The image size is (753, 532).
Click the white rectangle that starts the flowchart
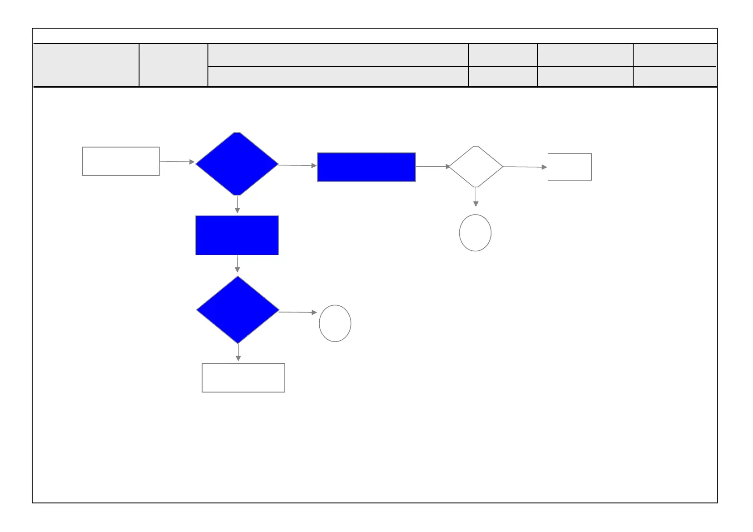coord(121,161)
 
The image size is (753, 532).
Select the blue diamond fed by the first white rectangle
coord(237,164)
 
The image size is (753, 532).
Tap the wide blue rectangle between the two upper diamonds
coord(366,167)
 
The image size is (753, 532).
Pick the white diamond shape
coord(476,167)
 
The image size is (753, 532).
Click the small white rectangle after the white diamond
coord(570,167)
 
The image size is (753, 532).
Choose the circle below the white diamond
coord(475,233)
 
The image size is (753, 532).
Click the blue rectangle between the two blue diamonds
coord(237,236)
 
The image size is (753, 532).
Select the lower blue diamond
coord(238,310)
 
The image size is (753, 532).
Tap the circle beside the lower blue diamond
coord(335,323)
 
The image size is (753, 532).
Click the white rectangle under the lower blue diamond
coord(243,378)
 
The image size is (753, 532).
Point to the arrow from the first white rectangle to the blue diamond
coord(177,161)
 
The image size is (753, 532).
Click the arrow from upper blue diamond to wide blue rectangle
coord(297,165)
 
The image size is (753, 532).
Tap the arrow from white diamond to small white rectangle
coord(525,167)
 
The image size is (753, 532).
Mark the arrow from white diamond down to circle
coord(476,197)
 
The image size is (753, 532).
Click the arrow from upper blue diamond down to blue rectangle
coord(237,205)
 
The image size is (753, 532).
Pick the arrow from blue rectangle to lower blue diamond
coord(237,264)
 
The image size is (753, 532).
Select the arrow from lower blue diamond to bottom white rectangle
coord(238,352)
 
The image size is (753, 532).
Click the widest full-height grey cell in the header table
coord(86,65)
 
